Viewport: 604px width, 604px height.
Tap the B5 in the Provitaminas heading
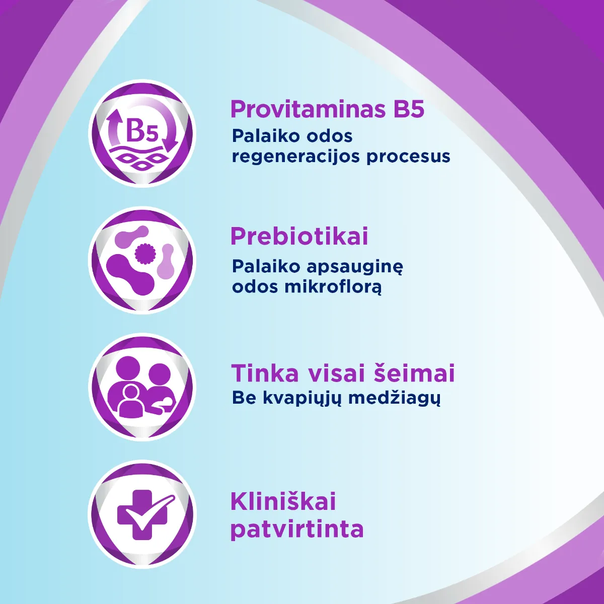pyautogui.click(x=409, y=109)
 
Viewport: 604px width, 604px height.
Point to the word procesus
pyautogui.click(x=408, y=157)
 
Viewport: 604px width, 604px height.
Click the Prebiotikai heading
pyautogui.click(x=299, y=236)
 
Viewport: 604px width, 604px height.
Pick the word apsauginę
pyautogui.click(x=353, y=267)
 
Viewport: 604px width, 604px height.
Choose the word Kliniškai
pyautogui.click(x=283, y=502)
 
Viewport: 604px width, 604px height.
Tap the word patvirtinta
pyautogui.click(x=297, y=530)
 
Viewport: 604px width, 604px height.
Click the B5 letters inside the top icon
pyautogui.click(x=142, y=131)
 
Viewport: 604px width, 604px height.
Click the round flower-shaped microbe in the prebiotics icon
pyautogui.click(x=144, y=252)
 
